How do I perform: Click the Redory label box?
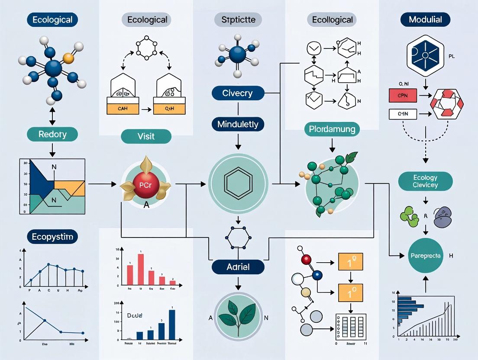[52, 134]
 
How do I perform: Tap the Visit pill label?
[146, 136]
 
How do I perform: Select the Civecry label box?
[238, 93]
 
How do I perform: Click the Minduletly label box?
[238, 125]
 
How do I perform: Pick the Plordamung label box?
[332, 129]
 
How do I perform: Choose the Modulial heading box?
[425, 19]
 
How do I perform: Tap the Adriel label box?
[238, 267]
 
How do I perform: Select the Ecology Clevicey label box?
[425, 181]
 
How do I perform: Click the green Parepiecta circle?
[425, 256]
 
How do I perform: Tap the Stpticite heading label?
[238, 19]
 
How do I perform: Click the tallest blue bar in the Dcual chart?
[172, 324]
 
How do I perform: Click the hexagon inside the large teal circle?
[238, 183]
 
